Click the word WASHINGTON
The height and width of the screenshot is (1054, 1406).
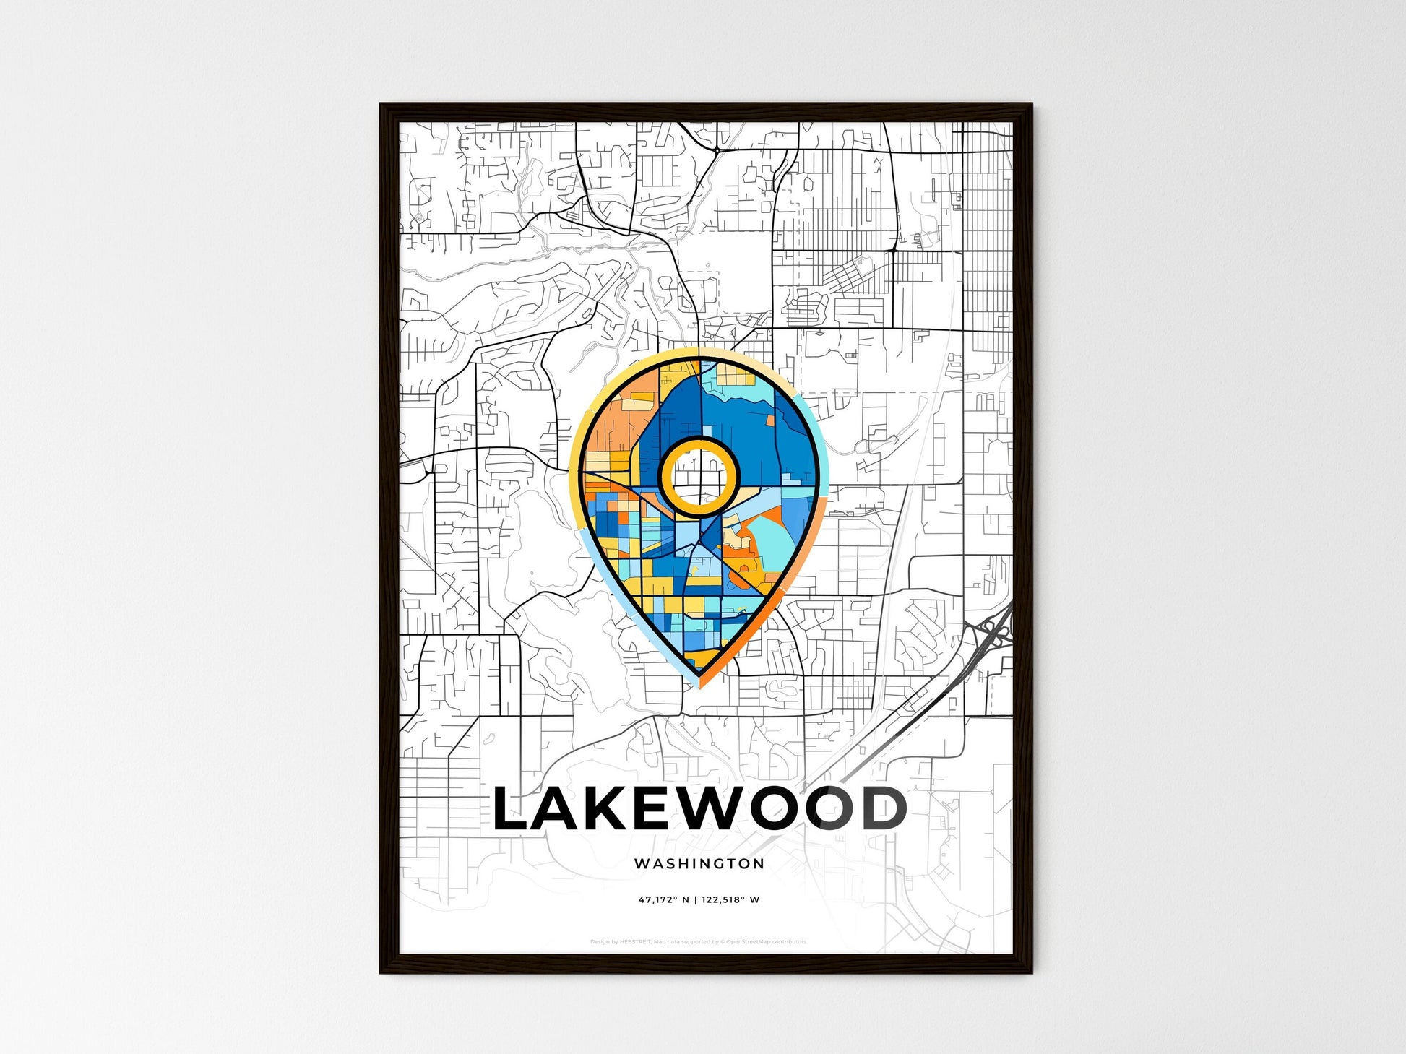pyautogui.click(x=699, y=863)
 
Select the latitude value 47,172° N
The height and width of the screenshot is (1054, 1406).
pyautogui.click(x=663, y=900)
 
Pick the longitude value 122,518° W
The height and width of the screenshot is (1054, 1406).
pyautogui.click(x=730, y=900)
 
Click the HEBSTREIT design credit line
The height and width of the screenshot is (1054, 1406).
pyautogui.click(x=698, y=942)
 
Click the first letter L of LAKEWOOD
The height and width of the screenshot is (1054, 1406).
pyautogui.click(x=512, y=809)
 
